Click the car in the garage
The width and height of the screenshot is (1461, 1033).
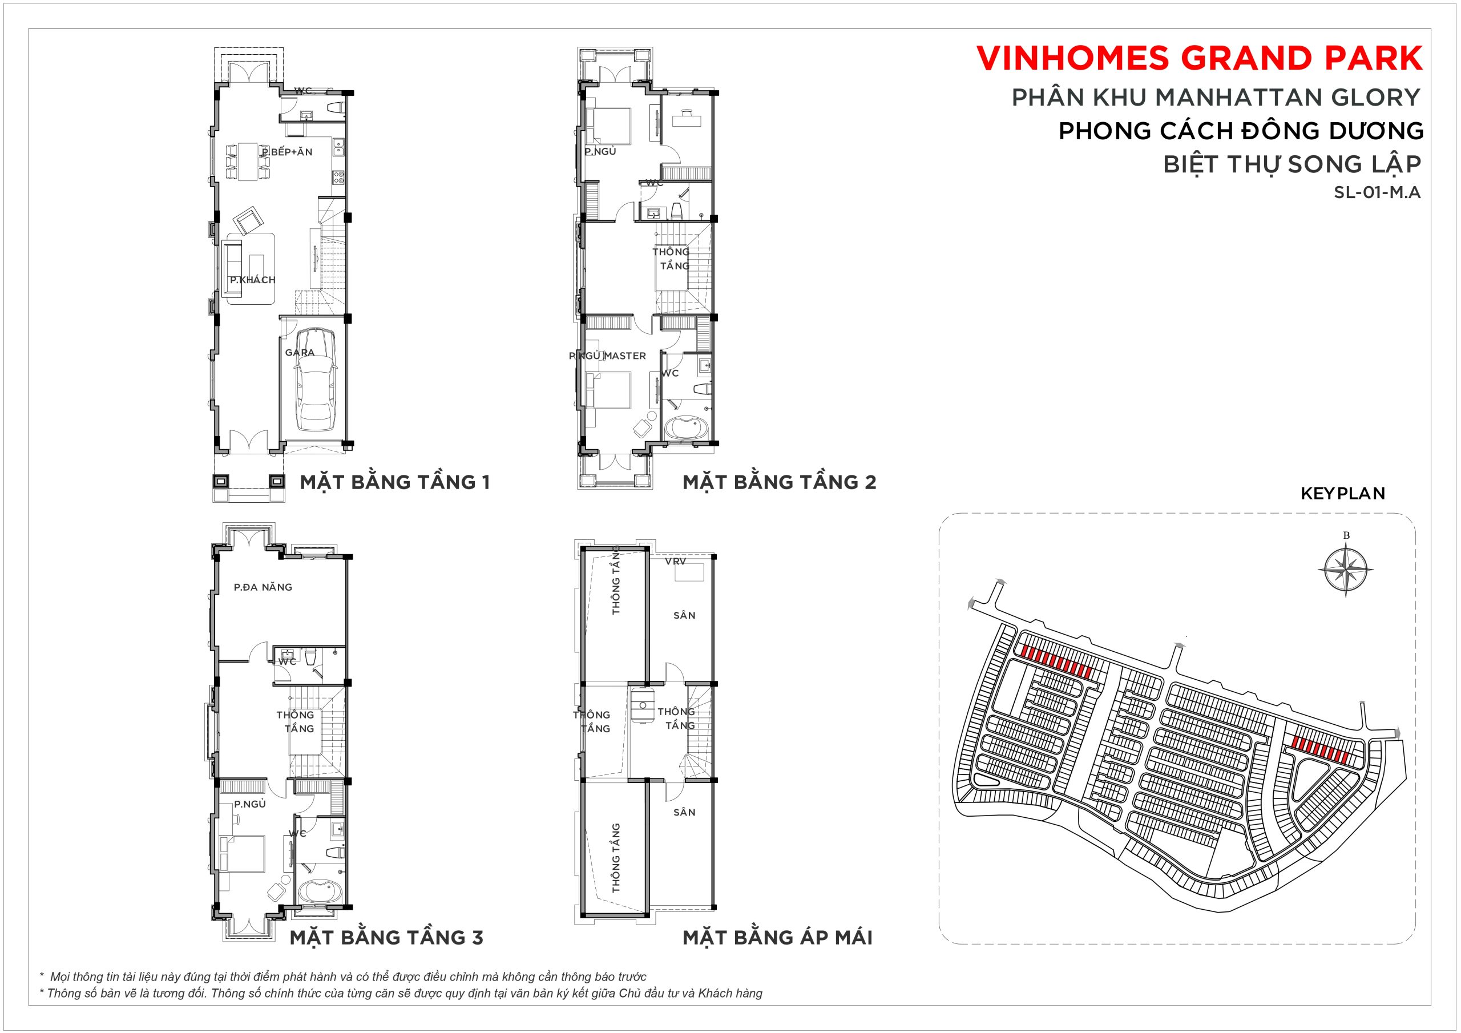pos(317,380)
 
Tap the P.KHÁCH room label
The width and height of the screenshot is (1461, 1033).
pos(253,280)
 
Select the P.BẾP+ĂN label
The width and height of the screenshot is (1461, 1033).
pos(287,152)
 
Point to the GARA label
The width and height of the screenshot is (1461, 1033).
pos(300,353)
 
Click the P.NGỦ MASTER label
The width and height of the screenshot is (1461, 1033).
pos(608,356)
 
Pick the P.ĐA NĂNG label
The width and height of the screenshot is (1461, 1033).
pos(263,587)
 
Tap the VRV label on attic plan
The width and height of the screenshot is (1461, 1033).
pos(676,562)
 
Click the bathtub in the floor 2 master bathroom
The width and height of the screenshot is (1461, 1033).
pos(685,427)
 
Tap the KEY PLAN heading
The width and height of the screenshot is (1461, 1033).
pos(1343,493)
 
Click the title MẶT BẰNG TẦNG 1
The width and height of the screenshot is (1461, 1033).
pos(395,482)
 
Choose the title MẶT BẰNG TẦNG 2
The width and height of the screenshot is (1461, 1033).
pos(780,482)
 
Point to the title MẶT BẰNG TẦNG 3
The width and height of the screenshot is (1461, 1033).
pos(387,937)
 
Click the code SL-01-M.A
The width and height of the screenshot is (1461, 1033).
pos(1377,192)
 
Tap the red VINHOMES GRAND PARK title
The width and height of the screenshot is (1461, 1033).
pos(1200,59)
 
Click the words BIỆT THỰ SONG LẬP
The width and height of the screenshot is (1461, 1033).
pos(1292,164)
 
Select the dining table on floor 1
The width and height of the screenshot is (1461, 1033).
pos(248,162)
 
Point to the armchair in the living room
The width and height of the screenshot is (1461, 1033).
pos(248,220)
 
